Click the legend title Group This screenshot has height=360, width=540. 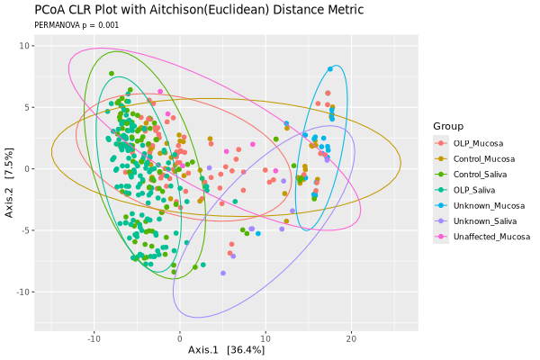448,125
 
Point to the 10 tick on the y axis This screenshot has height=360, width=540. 27,45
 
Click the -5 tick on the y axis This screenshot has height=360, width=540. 27,230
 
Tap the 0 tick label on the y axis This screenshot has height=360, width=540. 30,168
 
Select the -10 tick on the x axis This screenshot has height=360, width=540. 94,337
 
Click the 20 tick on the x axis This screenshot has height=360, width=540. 351,337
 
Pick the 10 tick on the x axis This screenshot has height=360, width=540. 265,337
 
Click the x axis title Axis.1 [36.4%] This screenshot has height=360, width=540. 226,349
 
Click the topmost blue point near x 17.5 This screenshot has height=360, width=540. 330,69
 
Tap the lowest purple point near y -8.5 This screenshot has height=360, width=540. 222,273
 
